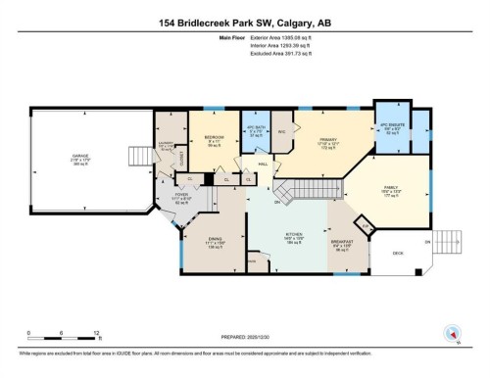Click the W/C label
(281, 131)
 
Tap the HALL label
(264, 165)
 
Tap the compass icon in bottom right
(452, 333)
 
